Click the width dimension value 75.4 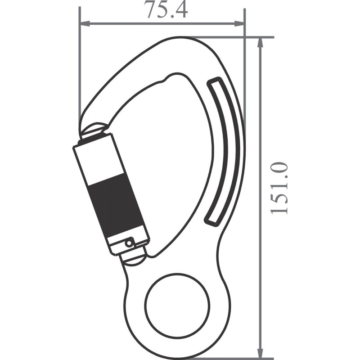point(166,10)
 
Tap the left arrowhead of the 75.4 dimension point(84,22)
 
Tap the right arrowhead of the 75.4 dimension point(240,22)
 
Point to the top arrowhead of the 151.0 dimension point(260,42)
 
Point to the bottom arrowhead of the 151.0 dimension point(260,354)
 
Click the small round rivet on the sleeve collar point(130,243)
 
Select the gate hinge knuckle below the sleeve point(134,257)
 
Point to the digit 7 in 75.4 point(150,10)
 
